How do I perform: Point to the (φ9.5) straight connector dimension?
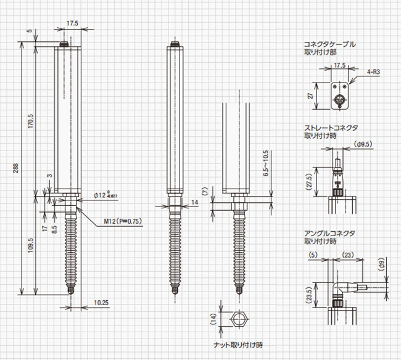(x=365, y=145)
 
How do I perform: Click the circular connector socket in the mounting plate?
(x=338, y=99)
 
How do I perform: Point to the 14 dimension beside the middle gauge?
(x=196, y=202)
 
